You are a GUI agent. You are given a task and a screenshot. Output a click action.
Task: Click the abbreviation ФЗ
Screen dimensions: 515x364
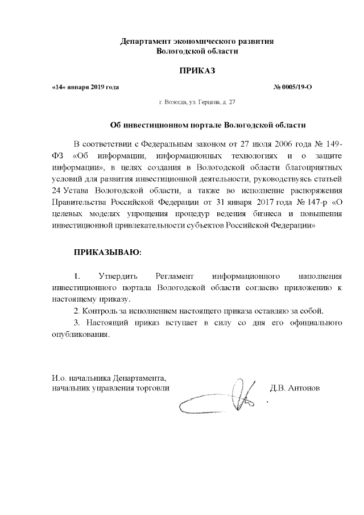pyautogui.click(x=58, y=154)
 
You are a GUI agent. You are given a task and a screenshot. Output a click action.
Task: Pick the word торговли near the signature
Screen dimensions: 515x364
pyautogui.click(x=154, y=389)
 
